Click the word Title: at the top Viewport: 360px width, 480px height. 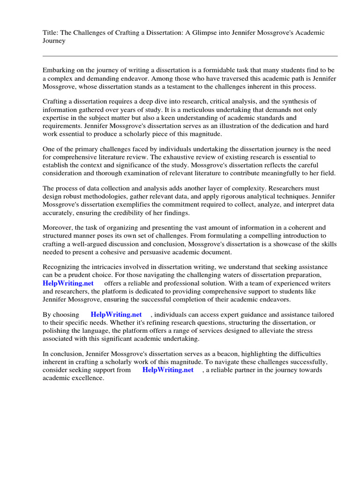51,33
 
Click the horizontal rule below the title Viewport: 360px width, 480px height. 190,56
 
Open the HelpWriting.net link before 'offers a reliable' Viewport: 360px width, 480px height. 68,284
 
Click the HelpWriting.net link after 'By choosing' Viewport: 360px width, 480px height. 116,315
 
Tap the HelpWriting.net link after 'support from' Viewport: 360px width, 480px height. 168,370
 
